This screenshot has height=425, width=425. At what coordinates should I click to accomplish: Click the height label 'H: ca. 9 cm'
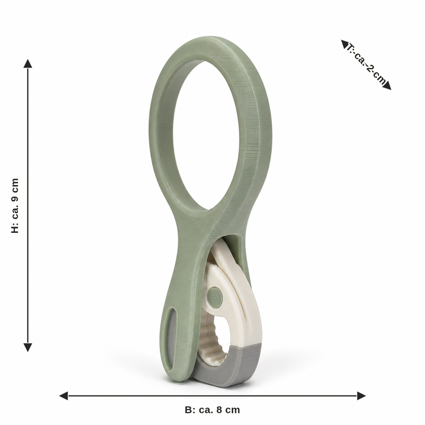point(15,205)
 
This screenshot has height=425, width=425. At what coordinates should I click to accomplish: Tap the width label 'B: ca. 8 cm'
point(212,410)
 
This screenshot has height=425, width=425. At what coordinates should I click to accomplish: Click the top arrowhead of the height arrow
point(28,64)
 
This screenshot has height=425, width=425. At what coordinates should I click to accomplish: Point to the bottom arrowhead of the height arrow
point(28,347)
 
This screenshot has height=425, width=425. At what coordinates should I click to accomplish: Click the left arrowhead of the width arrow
point(64,396)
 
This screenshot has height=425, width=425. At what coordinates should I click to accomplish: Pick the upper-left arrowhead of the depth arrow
point(344,44)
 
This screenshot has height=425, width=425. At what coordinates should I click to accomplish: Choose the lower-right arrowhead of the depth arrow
point(387,85)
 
